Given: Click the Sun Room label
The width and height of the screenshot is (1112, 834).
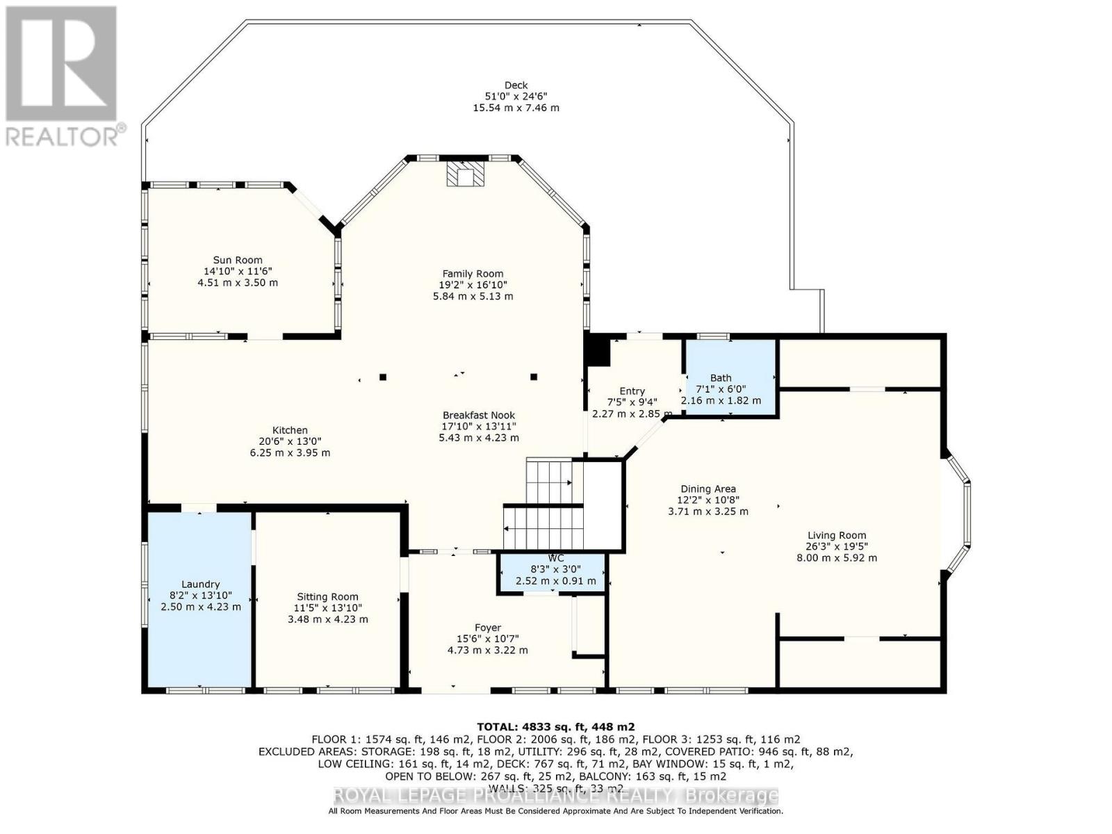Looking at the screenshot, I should click(x=238, y=261).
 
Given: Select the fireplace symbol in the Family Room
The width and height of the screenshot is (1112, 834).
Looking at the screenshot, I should click(x=464, y=175).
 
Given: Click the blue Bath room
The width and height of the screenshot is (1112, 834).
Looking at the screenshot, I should click(x=730, y=379).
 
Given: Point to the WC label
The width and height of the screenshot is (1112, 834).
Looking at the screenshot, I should click(x=555, y=558).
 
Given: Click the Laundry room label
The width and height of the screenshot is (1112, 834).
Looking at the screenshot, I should click(x=200, y=584).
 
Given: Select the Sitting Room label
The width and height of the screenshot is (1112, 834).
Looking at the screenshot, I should click(x=327, y=596).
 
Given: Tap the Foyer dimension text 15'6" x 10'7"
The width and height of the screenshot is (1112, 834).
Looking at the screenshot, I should click(x=487, y=639).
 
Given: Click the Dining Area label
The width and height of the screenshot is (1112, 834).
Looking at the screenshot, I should click(x=708, y=489).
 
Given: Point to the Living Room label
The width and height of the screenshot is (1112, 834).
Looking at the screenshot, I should click(x=836, y=535).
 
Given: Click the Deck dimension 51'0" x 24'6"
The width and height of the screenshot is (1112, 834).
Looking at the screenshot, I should click(x=516, y=97).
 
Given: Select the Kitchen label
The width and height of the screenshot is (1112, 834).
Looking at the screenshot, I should click(x=290, y=430).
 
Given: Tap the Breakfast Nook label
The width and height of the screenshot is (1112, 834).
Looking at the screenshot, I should click(x=478, y=415).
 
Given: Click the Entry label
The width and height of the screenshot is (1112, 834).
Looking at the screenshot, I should click(x=632, y=391).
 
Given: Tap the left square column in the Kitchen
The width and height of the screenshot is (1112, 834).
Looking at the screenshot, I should click(x=383, y=377).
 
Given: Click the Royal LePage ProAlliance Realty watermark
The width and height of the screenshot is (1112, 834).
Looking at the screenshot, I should click(x=555, y=796).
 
